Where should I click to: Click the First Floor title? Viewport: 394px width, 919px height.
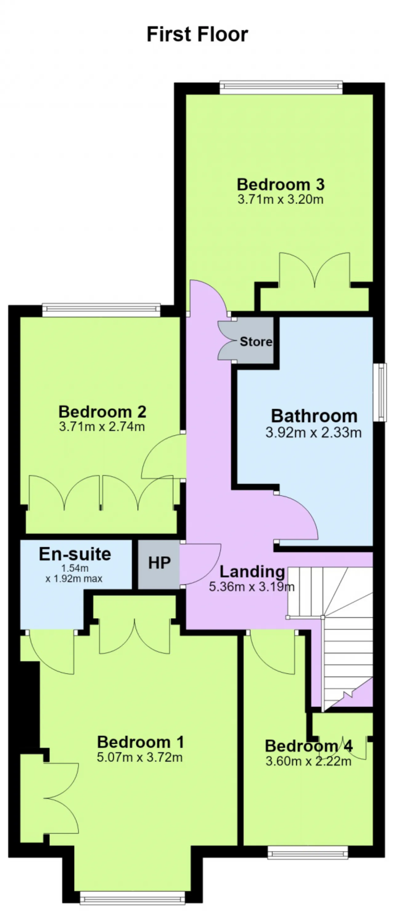(197, 34)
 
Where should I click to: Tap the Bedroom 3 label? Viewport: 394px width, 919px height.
(281, 184)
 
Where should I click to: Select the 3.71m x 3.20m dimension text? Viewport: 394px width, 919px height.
(280, 199)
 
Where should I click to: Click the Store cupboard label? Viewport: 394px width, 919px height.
(256, 341)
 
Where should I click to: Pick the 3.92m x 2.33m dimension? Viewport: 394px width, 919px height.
(314, 432)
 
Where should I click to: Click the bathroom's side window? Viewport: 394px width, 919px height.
(380, 392)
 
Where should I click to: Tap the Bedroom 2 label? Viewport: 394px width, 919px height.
(103, 412)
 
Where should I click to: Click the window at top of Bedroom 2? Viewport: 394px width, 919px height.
(101, 310)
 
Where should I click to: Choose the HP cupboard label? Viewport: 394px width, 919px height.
(159, 563)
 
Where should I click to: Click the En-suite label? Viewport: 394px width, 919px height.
(75, 554)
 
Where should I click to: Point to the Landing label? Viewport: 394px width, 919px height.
(252, 572)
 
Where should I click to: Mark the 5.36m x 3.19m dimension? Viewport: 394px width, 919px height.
(251, 587)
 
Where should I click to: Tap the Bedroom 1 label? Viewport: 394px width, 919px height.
(141, 742)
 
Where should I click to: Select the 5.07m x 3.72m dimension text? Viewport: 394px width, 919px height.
(140, 757)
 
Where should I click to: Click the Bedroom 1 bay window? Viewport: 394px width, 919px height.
(132, 898)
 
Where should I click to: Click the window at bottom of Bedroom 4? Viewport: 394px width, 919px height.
(308, 853)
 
